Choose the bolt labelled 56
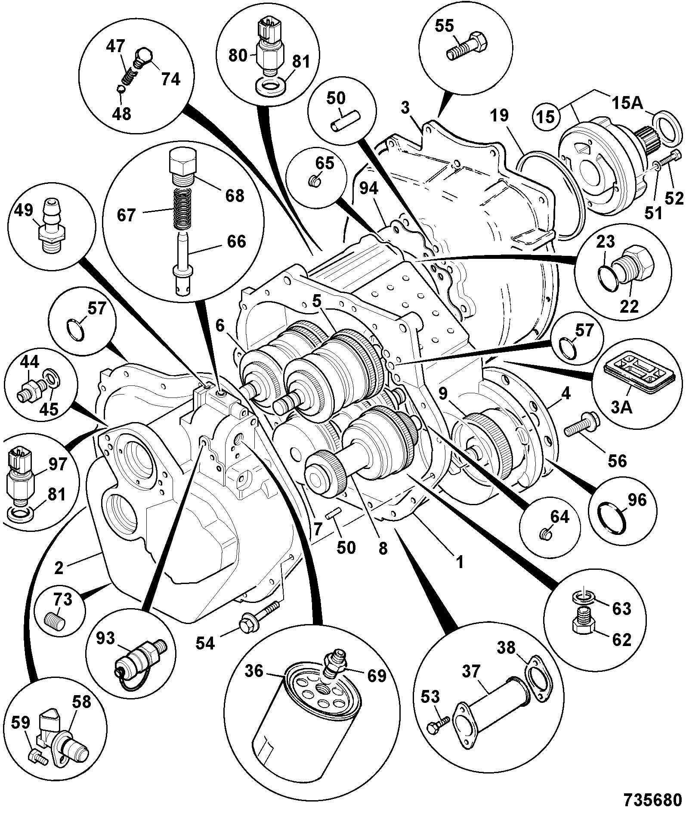581,426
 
